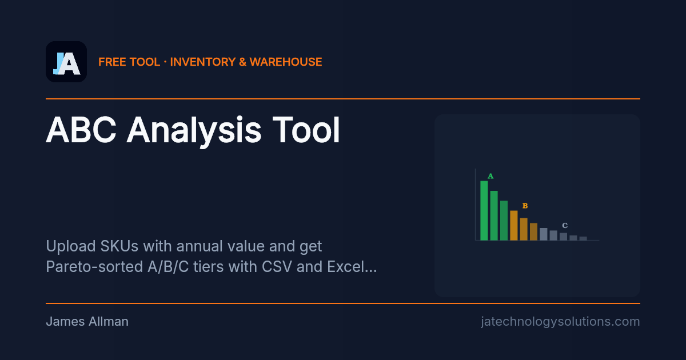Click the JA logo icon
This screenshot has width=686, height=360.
(66, 62)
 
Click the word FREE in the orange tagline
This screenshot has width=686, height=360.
(112, 62)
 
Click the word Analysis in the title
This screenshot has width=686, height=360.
(194, 130)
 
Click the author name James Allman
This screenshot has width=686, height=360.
(87, 322)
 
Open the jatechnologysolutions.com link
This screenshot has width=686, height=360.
(560, 322)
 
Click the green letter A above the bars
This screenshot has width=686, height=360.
(490, 176)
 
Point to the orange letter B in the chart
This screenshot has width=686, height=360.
(525, 206)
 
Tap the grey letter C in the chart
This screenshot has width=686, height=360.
(564, 226)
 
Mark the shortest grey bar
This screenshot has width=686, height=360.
(583, 238)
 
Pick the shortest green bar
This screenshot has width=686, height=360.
(504, 221)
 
